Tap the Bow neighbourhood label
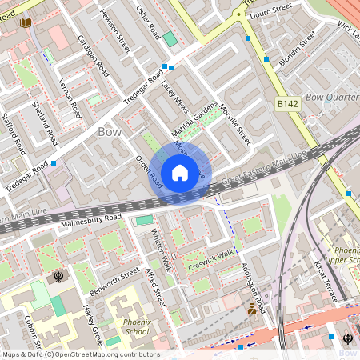coord(110,130)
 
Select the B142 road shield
coord(288,104)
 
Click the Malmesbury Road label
coord(90,217)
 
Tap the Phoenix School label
coord(136,326)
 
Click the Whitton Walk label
coord(162,250)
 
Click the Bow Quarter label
coord(331,98)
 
